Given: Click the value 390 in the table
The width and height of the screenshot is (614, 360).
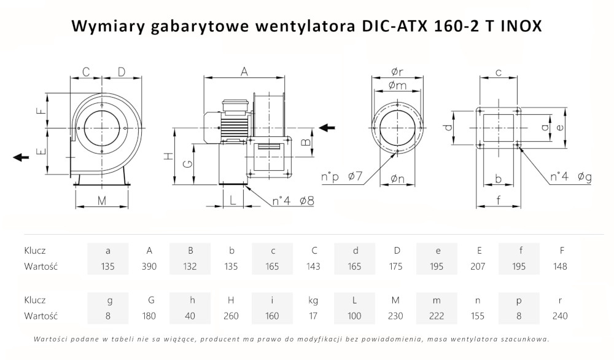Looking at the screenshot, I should tap(149, 267).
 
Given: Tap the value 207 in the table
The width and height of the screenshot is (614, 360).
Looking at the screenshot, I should tap(478, 267).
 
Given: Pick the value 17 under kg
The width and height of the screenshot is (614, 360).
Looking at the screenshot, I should tap(314, 316).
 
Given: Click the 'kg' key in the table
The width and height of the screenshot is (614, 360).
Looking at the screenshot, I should tap(314, 300).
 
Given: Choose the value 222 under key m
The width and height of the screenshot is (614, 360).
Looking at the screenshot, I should tap(437, 316).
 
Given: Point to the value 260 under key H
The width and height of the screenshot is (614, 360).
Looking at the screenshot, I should tap(231, 316).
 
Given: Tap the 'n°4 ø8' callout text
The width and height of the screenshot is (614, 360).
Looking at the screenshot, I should tap(293, 200).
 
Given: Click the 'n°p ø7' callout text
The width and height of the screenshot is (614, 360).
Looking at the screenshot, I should tap(343, 178).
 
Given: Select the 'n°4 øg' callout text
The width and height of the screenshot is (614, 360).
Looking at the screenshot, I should tap(570, 178).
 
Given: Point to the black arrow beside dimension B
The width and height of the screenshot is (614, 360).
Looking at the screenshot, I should tap(327, 128).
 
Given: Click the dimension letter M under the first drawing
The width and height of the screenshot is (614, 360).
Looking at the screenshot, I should tap(102, 200).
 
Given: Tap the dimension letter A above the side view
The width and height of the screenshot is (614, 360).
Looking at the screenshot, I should tap(244, 72).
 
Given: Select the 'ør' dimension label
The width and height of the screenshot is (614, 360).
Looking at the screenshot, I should tap(397, 72).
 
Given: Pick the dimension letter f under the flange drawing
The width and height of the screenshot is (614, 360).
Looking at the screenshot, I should tap(499, 200).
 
